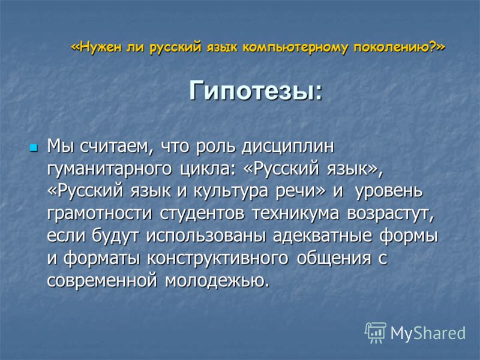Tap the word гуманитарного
pos(109,169)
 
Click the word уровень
pos(389,191)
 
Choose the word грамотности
pos(100,214)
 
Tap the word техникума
pos(296,214)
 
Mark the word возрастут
pos(390,214)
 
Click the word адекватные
pos(322,236)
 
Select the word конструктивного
pos(218,259)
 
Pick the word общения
pos(334,259)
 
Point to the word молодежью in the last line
pos(217,281)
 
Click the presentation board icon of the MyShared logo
pos(376,332)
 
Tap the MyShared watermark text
pos(428,333)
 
